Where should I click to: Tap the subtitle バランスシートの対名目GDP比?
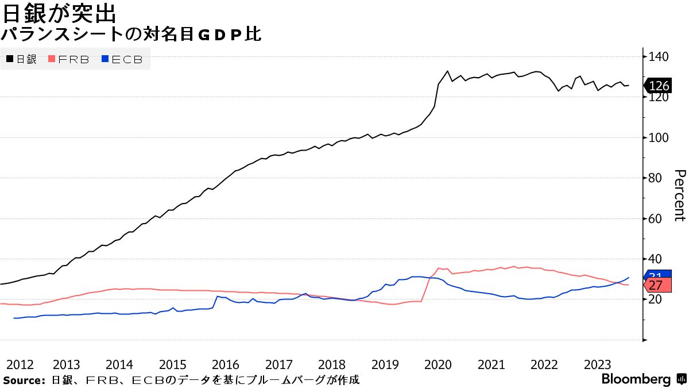pos(131,34)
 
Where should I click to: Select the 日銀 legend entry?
pos(22,59)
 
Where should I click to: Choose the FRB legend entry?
pos(69,59)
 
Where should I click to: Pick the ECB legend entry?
pos(122,59)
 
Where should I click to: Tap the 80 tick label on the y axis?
pos(656,178)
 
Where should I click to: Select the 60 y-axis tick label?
pos(656,219)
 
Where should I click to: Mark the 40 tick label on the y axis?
pos(656,259)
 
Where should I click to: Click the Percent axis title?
pos(680,195)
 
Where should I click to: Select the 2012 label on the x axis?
pos(20,364)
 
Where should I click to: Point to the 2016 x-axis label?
pos(226,364)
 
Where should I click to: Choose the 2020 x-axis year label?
pos(438,364)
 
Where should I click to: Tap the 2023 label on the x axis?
pos(597,364)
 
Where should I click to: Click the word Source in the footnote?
pos(24,380)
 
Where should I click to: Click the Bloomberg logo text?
pos(636,379)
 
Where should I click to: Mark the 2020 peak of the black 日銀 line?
pos(447,71)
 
